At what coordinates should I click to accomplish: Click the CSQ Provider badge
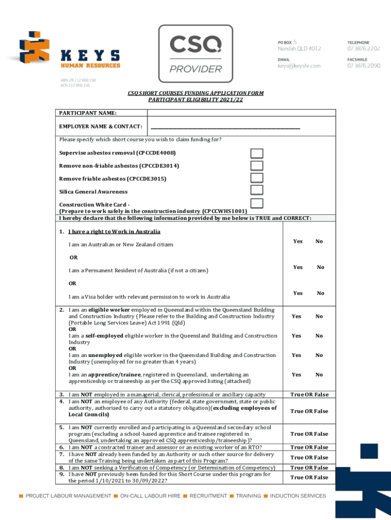195,53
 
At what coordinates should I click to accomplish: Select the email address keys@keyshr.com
299,66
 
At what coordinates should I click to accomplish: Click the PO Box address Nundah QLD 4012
299,49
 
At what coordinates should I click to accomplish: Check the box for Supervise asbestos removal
257,153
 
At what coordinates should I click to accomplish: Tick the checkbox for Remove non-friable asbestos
257,166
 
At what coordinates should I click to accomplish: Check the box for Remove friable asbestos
257,178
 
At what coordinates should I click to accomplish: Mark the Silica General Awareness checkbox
257,190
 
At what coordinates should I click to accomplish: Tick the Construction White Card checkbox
257,203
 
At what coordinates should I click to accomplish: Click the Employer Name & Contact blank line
225,127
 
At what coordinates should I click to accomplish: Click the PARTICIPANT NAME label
88,112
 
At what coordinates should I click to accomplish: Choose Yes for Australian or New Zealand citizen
298,241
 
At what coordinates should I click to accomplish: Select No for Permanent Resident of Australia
320,267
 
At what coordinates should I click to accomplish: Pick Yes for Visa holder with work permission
298,293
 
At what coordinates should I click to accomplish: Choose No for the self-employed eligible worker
319,336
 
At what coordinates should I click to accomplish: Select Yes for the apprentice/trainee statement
296,375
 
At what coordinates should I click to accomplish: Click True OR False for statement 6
309,447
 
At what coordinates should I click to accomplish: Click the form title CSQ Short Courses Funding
195,93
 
